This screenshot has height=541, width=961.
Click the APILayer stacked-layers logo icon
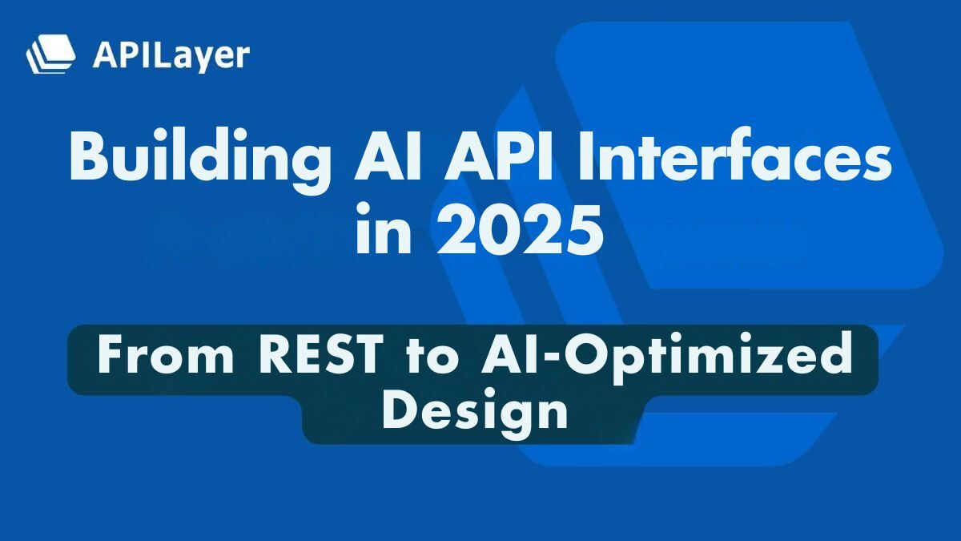[50, 55]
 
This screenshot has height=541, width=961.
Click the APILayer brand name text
[171, 55]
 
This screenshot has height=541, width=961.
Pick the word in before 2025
[383, 232]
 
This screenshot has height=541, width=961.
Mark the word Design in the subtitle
[474, 413]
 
